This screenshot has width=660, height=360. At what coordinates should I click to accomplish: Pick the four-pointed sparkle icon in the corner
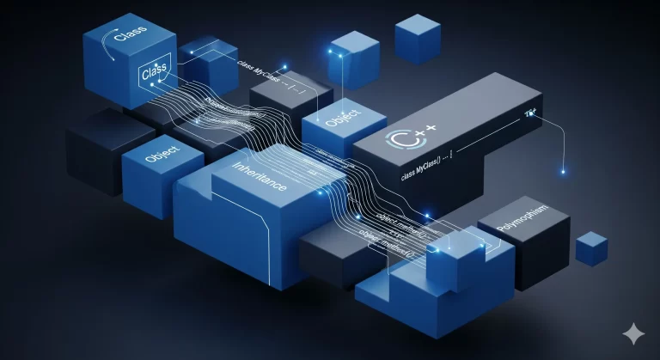pos(634,334)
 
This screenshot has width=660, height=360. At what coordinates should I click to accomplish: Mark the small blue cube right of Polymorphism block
pos(591,247)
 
